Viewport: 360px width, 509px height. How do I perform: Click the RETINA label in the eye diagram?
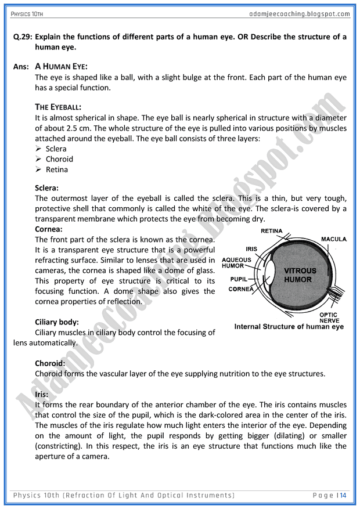point(271,231)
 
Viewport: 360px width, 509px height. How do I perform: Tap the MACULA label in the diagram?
point(334,239)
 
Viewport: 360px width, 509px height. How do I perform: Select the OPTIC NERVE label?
point(329,317)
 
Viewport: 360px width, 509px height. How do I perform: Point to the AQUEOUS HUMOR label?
point(236,263)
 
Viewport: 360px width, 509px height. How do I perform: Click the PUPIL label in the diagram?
point(239,279)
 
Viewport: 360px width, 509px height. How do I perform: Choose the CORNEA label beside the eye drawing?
point(240,289)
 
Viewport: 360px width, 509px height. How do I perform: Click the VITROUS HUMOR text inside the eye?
point(300,275)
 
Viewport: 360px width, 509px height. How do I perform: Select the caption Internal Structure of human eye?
point(289,327)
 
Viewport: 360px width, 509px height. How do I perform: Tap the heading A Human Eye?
point(61,67)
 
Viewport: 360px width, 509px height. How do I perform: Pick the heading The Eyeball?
point(58,107)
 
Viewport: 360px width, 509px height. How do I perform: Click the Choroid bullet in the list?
point(59,159)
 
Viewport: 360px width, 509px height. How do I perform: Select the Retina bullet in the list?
point(57,169)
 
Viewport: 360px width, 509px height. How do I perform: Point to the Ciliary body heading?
point(57,322)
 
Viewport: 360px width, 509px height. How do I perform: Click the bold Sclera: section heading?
point(46,188)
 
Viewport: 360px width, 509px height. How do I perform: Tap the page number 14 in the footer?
point(343,495)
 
